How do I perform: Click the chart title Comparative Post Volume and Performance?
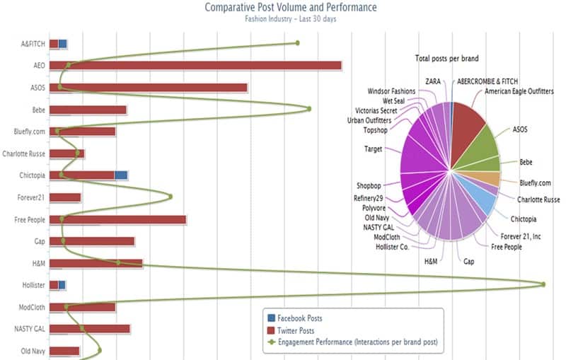tap(290, 7)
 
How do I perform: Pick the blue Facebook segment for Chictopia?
tap(121, 175)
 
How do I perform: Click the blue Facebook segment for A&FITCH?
tap(63, 44)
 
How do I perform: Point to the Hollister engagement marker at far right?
tap(543, 284)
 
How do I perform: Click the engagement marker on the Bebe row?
tap(309, 109)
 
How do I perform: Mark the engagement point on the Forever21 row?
tap(171, 197)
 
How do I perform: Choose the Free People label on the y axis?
tap(30, 220)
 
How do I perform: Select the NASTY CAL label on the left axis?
tap(30, 329)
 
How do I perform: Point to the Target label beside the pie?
tap(373, 149)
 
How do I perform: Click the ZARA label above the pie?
tap(432, 81)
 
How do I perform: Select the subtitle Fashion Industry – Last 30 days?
tap(290, 19)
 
